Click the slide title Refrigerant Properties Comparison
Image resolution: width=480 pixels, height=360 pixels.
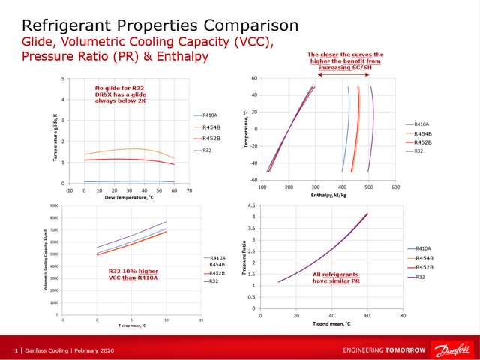pyautogui.click(x=160, y=25)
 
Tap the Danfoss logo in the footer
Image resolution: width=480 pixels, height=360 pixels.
pyautogui.click(x=450, y=349)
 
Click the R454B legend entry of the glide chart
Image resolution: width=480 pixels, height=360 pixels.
pyautogui.click(x=211, y=127)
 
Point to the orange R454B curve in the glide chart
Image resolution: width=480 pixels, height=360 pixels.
pyautogui.click(x=127, y=150)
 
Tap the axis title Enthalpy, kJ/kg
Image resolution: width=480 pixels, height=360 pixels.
pyautogui.click(x=328, y=195)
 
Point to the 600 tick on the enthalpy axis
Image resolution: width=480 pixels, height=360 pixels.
pyautogui.click(x=395, y=187)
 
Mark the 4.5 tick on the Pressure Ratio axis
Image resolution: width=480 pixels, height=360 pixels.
pyautogui.click(x=251, y=205)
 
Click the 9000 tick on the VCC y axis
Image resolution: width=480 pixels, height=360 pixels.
pyautogui.click(x=54, y=206)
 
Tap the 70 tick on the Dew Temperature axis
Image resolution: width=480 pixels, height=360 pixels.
pyautogui.click(x=190, y=190)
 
